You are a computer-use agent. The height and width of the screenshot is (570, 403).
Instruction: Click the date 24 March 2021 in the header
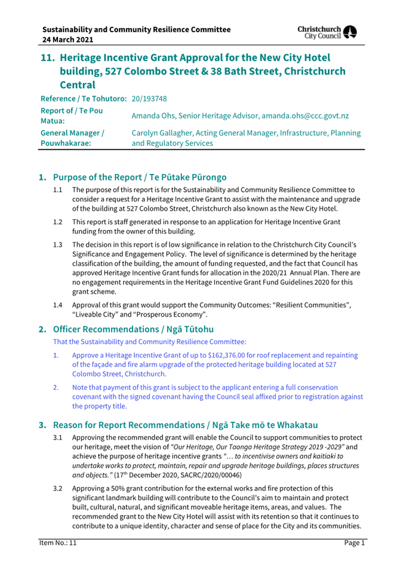(67, 39)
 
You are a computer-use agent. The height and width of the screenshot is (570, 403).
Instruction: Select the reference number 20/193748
(149, 99)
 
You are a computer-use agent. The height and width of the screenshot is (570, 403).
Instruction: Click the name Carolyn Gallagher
(163, 133)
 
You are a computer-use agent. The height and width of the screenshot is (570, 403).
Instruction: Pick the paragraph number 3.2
(58, 488)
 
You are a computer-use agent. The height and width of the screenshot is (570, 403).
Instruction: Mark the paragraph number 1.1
(58, 189)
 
